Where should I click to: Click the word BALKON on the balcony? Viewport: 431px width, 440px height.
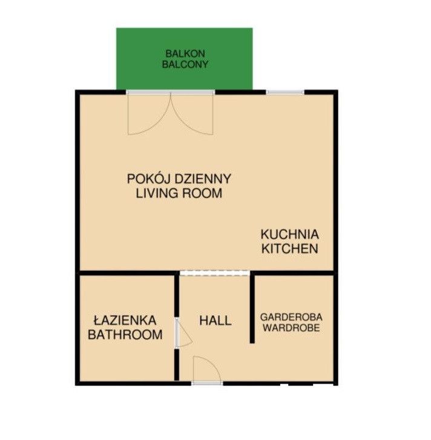coord(185,53)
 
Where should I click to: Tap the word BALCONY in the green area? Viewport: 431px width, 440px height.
coord(185,64)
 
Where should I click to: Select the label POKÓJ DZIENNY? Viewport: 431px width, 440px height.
coord(179,179)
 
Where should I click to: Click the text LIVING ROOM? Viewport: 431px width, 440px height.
coord(179,193)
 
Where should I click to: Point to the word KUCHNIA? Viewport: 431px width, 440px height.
coord(290,235)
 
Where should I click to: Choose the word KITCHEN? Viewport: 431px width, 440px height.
coord(290,248)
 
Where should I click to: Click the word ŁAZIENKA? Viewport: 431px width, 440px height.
coord(125,320)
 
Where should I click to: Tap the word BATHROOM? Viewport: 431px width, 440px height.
coord(125,335)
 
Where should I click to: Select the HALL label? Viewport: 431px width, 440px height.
coord(215,321)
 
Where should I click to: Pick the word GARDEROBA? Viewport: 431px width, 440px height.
coord(291,317)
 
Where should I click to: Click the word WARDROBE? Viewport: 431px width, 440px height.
coord(291,328)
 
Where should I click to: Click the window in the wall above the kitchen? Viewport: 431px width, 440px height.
coord(285,92)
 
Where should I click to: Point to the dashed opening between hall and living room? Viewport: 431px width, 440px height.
coord(215,273)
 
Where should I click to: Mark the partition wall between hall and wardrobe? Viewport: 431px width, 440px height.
coord(252,307)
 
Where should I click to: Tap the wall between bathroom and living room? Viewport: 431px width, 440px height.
coord(128,273)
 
